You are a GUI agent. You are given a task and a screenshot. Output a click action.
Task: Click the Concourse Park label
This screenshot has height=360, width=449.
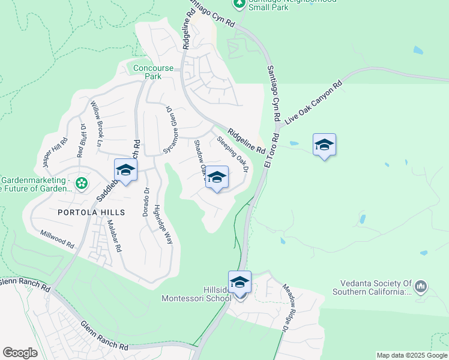pyautogui.click(x=148, y=72)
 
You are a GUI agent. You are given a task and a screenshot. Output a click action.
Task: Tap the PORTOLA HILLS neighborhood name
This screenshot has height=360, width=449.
pyautogui.click(x=91, y=212)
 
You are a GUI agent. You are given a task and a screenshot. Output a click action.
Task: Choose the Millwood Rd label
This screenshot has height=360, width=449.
pyautogui.click(x=57, y=238)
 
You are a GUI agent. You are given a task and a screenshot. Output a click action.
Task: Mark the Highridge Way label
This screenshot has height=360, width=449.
pyautogui.click(x=164, y=223)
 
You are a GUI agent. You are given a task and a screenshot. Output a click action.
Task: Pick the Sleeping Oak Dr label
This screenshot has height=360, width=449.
pyautogui.click(x=233, y=154)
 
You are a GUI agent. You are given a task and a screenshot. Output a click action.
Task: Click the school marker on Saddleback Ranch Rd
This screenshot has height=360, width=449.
pyautogui.click(x=125, y=170)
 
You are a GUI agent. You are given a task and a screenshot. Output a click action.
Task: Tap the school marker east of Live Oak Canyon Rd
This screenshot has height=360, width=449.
pyautogui.click(x=324, y=145)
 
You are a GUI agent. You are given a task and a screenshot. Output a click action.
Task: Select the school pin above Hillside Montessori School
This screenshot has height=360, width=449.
pyautogui.click(x=240, y=282)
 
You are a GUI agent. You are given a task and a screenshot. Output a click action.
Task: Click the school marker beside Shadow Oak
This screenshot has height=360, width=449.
pyautogui.click(x=217, y=178)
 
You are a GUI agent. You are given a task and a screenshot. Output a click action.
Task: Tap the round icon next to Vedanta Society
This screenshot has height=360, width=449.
pyautogui.click(x=421, y=287)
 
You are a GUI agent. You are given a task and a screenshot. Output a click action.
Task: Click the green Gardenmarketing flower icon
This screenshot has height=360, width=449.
pyautogui.click(x=82, y=182)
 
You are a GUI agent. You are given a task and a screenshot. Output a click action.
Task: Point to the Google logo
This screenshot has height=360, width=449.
pyautogui.click(x=20, y=353)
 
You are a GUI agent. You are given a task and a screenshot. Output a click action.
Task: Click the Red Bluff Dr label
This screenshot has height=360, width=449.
pyautogui.click(x=81, y=140)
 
